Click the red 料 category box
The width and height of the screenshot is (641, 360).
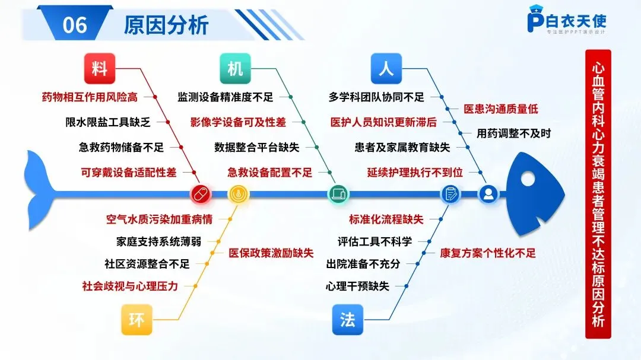coord(99,68)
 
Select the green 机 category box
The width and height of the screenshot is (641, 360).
coord(235,68)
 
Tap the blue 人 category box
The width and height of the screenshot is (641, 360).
coord(386,68)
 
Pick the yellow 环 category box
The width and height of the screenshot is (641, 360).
coord(137,320)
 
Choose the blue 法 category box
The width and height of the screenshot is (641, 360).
coord(348,320)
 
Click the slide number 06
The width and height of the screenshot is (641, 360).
coord(74,25)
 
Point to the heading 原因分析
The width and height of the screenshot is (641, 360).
coord(166,25)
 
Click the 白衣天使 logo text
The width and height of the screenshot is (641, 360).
coord(576,21)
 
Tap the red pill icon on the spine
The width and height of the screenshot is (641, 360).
coord(201,193)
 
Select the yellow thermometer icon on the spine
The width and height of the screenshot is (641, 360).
coord(239,193)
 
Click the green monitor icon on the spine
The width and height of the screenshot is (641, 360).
coord(339,193)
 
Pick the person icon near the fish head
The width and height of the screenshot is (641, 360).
coord(488,193)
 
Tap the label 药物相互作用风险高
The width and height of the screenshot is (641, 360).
coord(90,97)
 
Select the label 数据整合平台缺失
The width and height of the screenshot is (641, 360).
coord(257,147)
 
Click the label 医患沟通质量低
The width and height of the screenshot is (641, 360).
coord(500,109)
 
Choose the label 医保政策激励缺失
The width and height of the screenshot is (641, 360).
coord(271,253)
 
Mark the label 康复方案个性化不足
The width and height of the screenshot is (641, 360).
coord(488,253)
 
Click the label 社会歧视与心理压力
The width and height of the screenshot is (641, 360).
coord(130,286)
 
